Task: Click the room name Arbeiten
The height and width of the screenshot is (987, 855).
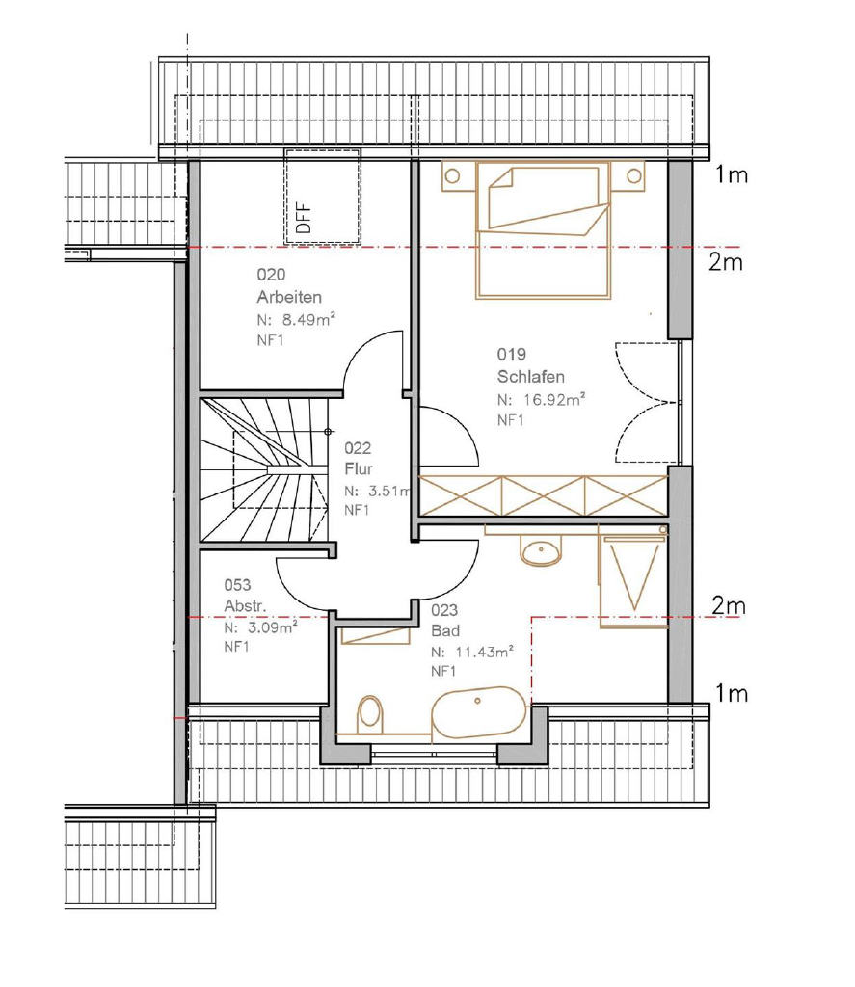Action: pos(289,297)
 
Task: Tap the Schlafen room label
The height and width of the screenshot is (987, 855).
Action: pos(531,377)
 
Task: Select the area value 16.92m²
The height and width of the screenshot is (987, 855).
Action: pos(554,399)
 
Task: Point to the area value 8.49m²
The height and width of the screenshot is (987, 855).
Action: pos(308,319)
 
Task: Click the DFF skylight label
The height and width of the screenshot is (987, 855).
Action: pos(304,218)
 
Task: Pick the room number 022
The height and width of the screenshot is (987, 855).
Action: pos(358,448)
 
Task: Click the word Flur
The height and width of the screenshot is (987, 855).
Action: pos(359,469)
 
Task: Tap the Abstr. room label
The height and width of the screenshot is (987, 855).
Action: pos(245,605)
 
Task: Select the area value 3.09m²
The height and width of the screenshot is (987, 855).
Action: pos(272,627)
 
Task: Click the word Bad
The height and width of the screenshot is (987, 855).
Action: pos(445,630)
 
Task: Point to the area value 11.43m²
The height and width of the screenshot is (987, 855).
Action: pos(484,652)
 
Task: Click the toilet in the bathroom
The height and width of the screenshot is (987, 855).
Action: pos(370,714)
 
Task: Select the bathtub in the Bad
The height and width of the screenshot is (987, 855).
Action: pos(478,712)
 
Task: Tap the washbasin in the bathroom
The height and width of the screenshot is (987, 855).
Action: pos(541,549)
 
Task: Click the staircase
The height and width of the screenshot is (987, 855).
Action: pos(264,469)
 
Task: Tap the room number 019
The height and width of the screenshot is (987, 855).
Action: pos(511,355)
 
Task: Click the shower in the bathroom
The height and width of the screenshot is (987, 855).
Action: pos(632,580)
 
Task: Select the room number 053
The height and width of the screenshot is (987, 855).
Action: pos(237,585)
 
